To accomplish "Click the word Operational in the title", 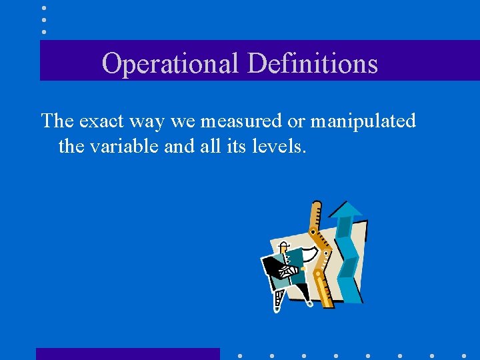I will tap(171, 64).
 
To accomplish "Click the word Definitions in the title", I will tap(312, 64).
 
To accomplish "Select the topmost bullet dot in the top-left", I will tap(44, 8).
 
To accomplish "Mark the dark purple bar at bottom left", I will tap(127, 354).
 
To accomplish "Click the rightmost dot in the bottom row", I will tap(465, 356).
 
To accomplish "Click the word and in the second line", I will tap(176, 145).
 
